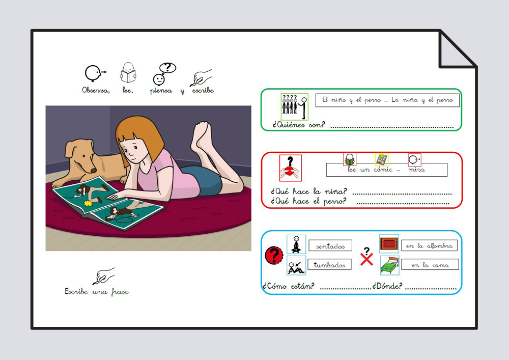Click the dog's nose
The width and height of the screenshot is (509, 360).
tap(93, 170)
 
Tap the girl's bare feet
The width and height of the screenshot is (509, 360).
tap(202, 136)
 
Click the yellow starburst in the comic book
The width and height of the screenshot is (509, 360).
tap(88, 204)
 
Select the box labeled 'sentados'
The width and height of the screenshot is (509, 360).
tap(330, 246)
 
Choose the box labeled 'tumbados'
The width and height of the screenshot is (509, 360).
tap(329, 265)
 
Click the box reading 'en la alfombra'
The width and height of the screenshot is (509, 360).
tap(429, 245)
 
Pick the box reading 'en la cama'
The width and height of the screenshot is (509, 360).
tap(430, 265)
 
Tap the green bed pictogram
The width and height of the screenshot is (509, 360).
tap(389, 265)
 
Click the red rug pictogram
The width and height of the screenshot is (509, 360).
tap(389, 243)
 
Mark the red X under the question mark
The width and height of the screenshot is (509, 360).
tap(366, 259)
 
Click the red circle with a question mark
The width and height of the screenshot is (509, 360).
tap(274, 255)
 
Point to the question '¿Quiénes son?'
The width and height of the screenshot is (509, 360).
tap(298, 125)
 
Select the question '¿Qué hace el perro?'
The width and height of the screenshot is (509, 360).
tap(309, 201)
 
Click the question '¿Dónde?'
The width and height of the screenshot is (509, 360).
tap(387, 286)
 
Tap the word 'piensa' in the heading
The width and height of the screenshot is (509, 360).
tap(161, 91)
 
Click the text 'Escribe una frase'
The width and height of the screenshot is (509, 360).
tap(97, 291)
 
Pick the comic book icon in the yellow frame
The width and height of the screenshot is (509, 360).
tap(382, 159)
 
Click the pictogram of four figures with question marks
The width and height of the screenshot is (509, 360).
tap(294, 107)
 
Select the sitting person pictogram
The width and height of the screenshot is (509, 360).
tap(296, 244)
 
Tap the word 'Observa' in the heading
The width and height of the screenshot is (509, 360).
tap(96, 90)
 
